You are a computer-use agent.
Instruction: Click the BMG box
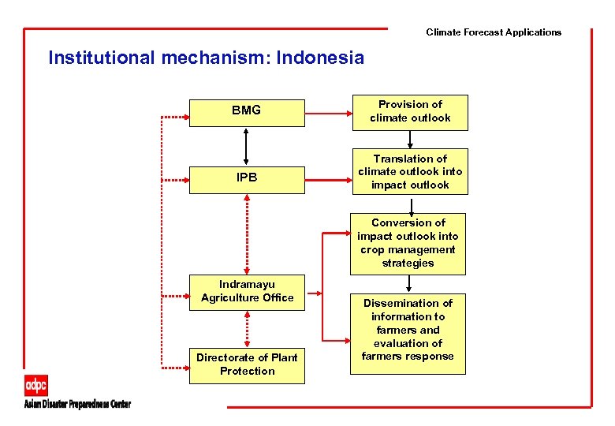(x=247, y=112)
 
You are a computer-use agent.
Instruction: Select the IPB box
(x=247, y=178)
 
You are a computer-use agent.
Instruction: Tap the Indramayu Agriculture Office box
(x=247, y=292)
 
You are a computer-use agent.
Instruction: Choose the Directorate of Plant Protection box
(x=247, y=364)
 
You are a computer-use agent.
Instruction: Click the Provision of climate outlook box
(x=410, y=111)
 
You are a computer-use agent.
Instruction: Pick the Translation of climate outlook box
(x=410, y=172)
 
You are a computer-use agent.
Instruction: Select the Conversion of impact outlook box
(x=408, y=243)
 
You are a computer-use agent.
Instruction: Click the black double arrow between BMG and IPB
(x=247, y=147)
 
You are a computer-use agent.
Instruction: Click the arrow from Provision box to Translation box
(x=410, y=139)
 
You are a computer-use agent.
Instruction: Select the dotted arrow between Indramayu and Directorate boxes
(x=248, y=327)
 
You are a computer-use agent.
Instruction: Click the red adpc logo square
(x=35, y=387)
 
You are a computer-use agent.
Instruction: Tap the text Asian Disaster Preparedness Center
(x=77, y=405)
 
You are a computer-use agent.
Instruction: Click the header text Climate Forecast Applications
(x=494, y=32)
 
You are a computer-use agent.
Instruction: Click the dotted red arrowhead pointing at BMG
(x=185, y=117)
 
